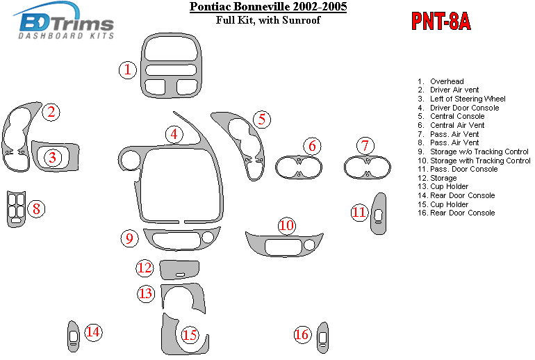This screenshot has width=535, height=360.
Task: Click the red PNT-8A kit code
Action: coord(441,21)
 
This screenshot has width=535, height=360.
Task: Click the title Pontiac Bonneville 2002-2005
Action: coord(268,6)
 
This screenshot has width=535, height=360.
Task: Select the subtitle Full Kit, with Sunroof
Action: coord(268,19)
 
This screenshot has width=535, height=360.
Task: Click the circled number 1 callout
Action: coord(128,70)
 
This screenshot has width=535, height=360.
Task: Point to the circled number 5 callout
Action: coord(262,119)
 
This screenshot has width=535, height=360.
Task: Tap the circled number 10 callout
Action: coord(286,225)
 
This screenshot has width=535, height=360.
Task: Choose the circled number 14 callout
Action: coord(93,332)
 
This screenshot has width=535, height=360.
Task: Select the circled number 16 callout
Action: coord(302,334)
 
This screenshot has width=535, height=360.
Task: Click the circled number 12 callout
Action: coord(145,268)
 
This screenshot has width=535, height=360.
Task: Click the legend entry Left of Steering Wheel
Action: coord(461,99)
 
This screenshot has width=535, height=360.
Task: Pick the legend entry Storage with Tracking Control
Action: coord(474,161)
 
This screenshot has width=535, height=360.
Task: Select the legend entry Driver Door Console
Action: coord(459,108)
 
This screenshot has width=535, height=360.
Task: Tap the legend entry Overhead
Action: coord(441,81)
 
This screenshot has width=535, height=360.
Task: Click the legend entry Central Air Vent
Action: coord(451,125)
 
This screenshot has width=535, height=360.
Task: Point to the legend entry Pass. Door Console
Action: coord(458,170)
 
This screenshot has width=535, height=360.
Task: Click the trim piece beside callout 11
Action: coord(379,213)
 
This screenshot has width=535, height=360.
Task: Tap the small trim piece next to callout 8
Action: coord(16,208)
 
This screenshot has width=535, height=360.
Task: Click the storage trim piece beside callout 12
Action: coord(179,270)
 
